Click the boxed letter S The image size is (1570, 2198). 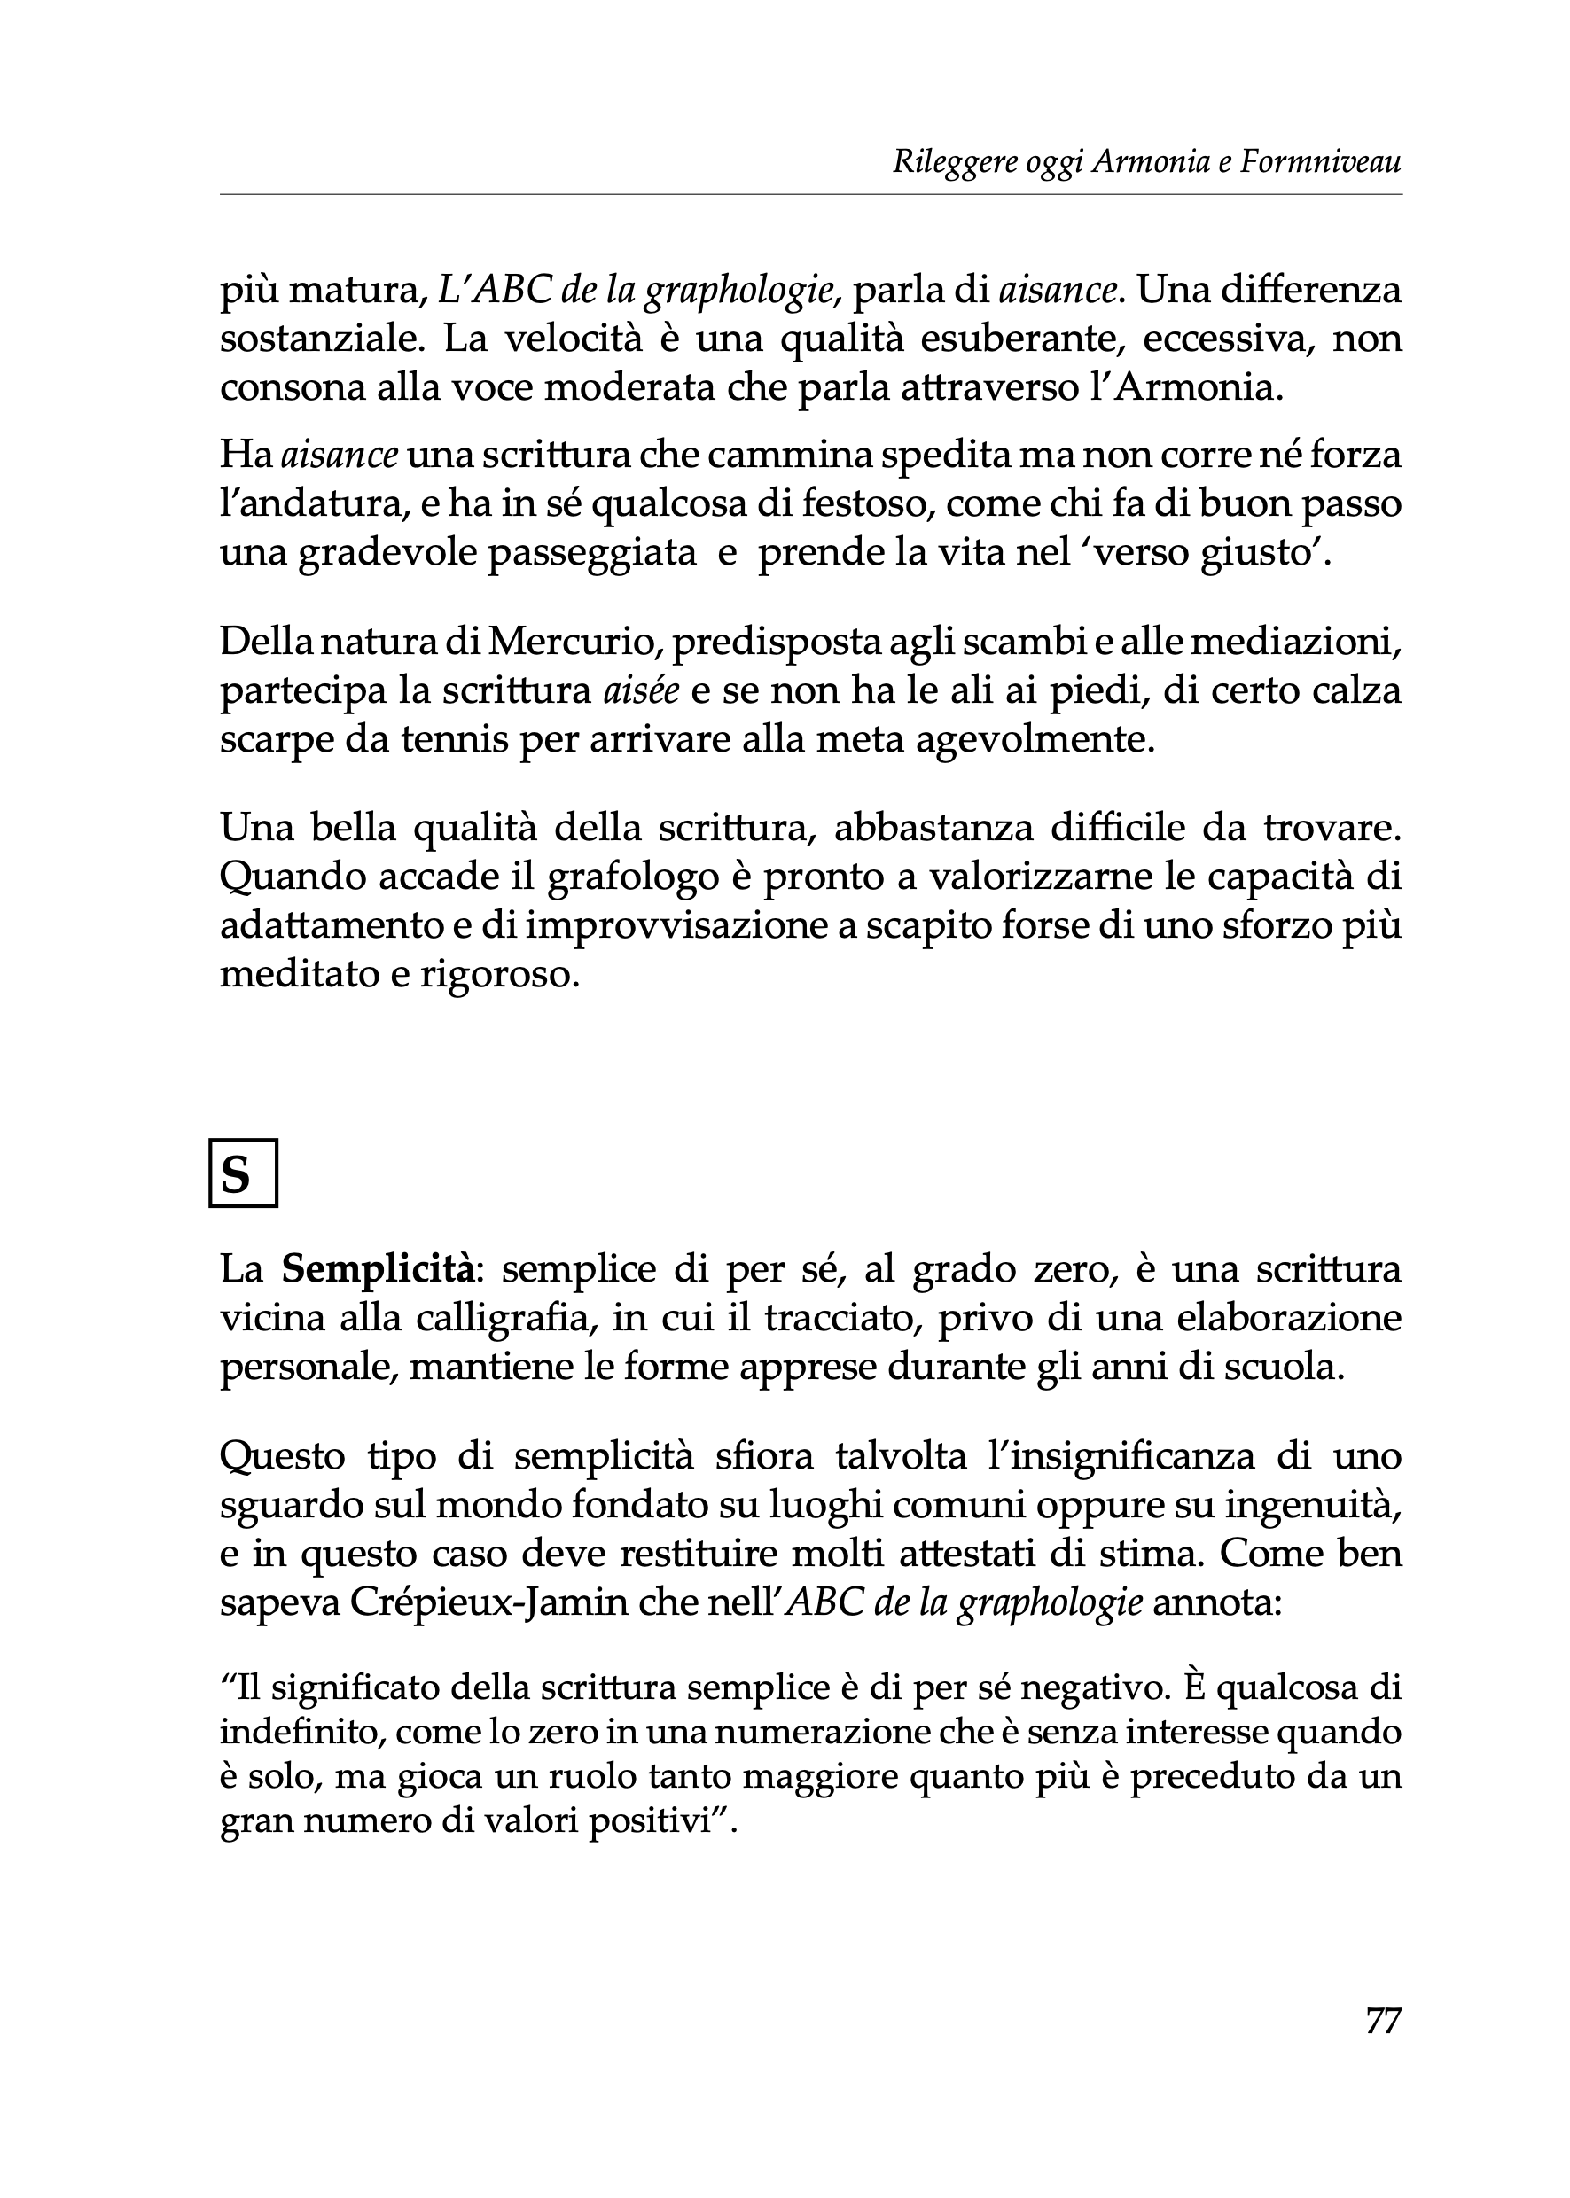click(243, 1174)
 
